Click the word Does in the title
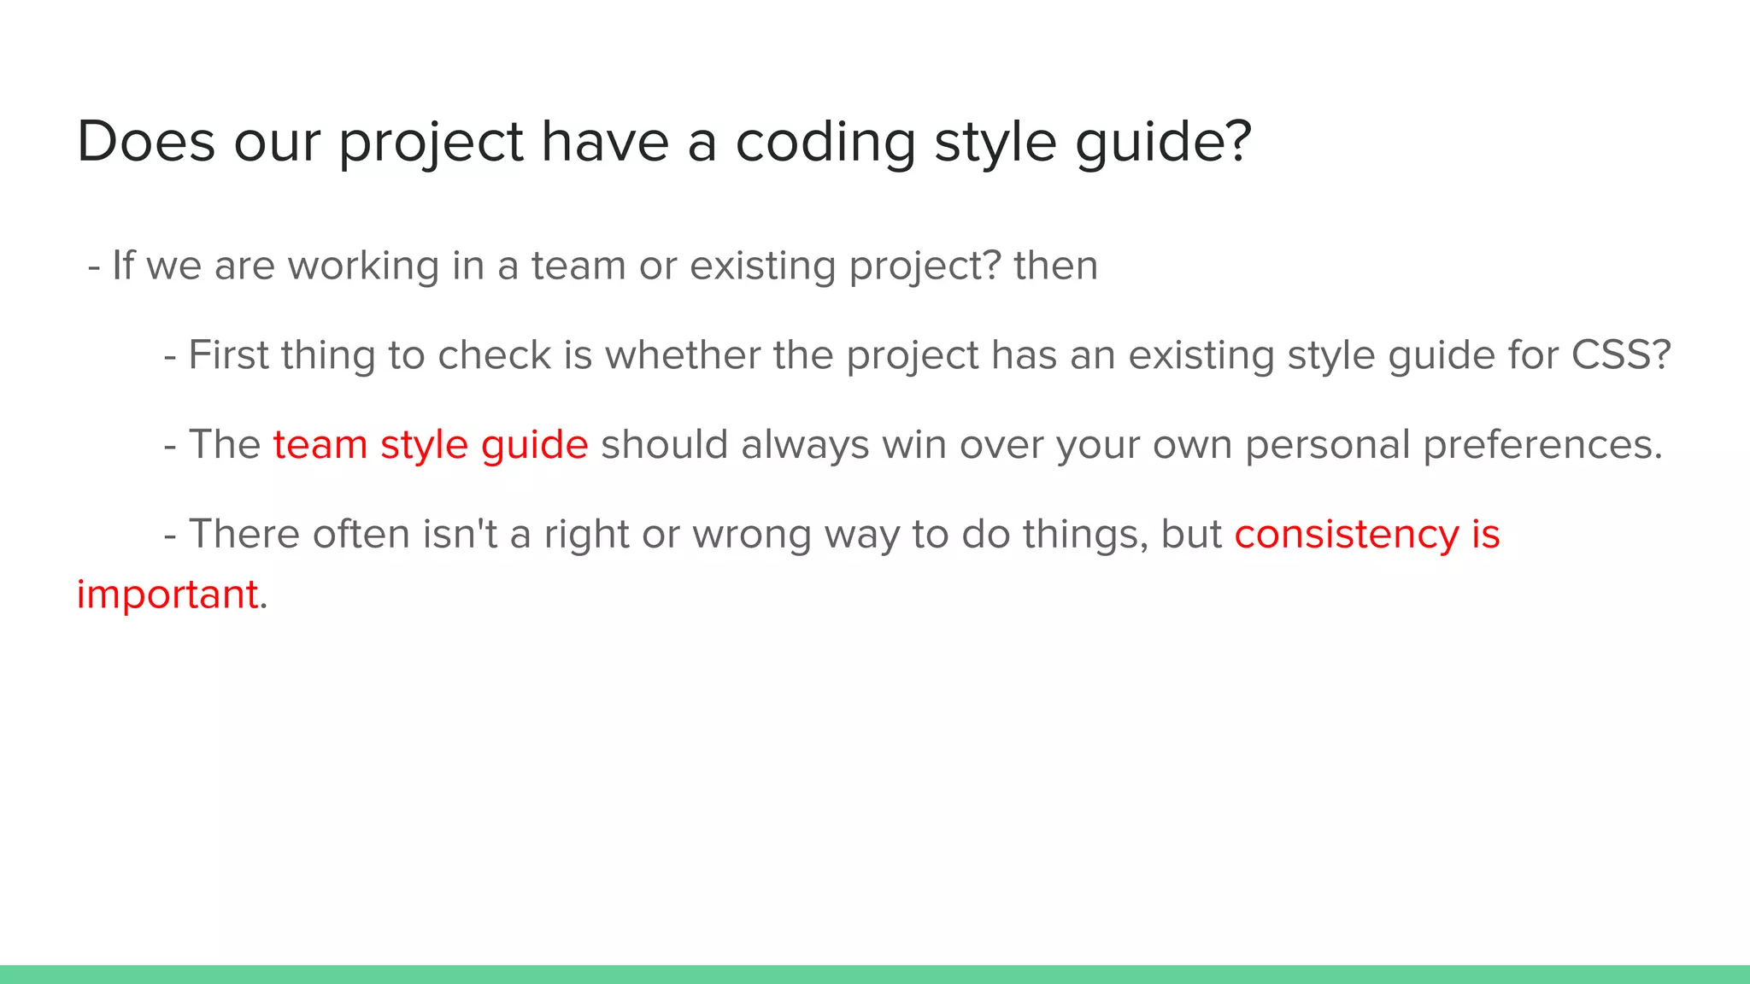[x=145, y=141]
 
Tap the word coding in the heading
[x=825, y=141]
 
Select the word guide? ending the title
[x=1164, y=141]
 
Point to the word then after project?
[x=1055, y=266]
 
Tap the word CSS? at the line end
[x=1621, y=355]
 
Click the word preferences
[x=1542, y=445]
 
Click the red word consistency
[x=1346, y=535]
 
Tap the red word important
[x=167, y=594]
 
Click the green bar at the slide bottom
[x=875, y=975]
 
